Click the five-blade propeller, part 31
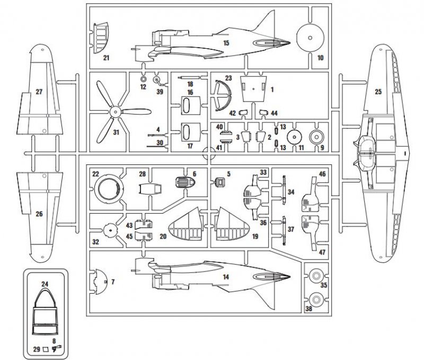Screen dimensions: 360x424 113,112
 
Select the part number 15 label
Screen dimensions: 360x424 226,42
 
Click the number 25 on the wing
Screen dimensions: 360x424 378,92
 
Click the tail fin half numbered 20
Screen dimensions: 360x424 182,225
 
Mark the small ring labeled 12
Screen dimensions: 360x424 143,79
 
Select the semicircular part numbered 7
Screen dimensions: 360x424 100,281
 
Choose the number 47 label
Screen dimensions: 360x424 323,252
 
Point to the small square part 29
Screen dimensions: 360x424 46,349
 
